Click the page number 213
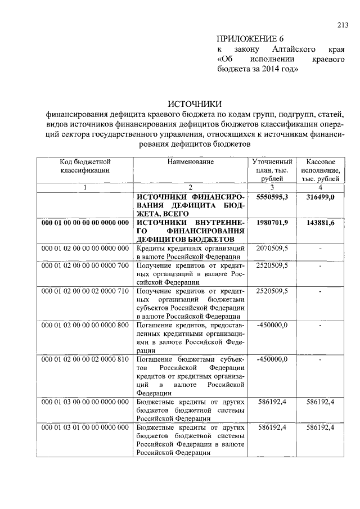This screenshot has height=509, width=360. click(343, 24)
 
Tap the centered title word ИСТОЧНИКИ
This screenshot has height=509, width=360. click(195, 103)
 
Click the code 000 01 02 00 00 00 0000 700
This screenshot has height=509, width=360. click(85, 265)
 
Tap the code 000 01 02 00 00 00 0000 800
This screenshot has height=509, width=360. click(85, 325)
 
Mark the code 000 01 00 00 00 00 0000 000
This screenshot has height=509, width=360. click(85, 223)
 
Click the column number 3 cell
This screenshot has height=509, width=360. click(272, 187)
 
